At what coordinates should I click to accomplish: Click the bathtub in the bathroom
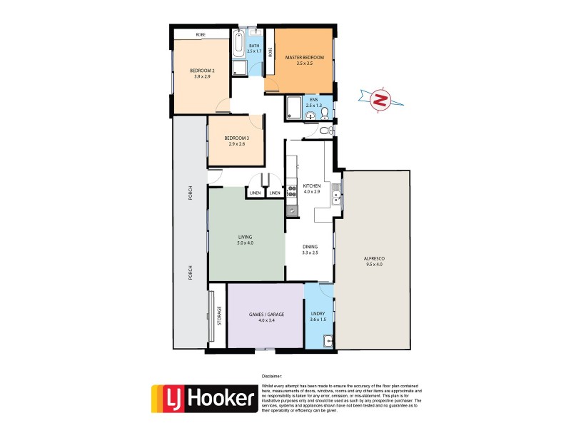click(238, 44)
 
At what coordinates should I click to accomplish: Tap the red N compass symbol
click(381, 101)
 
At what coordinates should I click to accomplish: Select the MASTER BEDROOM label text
click(305, 57)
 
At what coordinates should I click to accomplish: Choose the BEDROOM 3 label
click(236, 138)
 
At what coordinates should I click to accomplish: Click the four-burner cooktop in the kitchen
click(292, 192)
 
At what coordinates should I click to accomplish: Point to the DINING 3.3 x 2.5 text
click(309, 250)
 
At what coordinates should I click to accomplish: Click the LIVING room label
click(246, 237)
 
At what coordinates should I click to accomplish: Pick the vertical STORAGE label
click(220, 315)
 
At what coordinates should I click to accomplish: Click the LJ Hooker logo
click(204, 399)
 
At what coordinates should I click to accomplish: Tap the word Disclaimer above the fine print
click(272, 375)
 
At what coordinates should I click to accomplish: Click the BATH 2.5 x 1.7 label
click(254, 49)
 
